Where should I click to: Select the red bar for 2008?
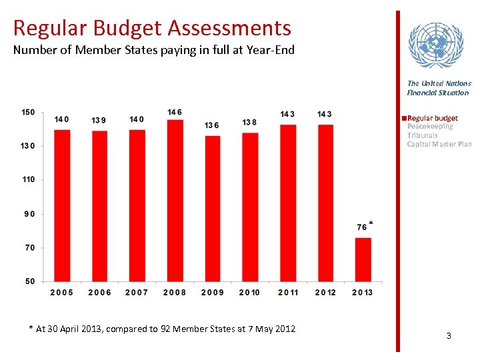175,200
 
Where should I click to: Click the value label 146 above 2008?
175,112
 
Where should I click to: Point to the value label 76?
362,227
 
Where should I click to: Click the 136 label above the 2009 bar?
212,125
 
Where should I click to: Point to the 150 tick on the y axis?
29,112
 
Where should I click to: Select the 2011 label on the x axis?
287,293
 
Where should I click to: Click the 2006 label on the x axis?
99,293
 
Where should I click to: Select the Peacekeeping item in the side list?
430,127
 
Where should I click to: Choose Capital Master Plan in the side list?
439,144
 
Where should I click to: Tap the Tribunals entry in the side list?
423,135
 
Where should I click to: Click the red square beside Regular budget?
404,118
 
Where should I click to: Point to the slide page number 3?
449,335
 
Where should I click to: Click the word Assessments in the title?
229,28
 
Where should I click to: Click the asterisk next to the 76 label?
371,223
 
